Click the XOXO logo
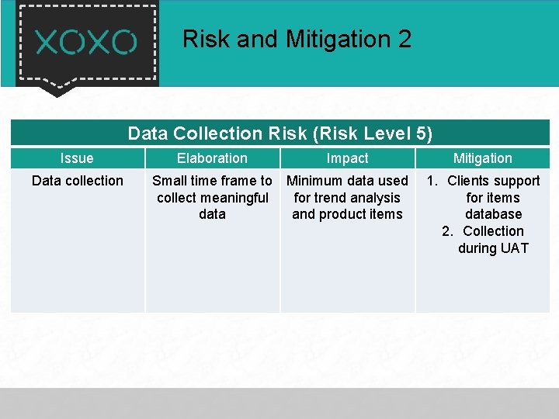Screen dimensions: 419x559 [x=86, y=43]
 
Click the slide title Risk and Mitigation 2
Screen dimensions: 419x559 [x=297, y=39]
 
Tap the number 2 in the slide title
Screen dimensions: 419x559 [x=403, y=39]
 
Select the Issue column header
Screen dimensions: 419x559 [x=77, y=158]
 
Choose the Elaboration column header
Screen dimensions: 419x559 [x=212, y=158]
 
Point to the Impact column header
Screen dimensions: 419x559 [x=347, y=158]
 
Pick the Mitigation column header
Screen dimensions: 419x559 [x=482, y=158]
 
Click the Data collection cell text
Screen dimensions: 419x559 [x=77, y=181]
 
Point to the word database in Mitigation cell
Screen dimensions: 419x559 [x=493, y=214]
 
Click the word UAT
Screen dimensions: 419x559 [x=514, y=248]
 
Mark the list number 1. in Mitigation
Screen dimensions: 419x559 [x=433, y=181]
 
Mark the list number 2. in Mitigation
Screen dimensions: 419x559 [x=448, y=231]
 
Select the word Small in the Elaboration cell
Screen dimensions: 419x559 [x=169, y=181]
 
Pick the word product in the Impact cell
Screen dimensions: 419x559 [x=343, y=214]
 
